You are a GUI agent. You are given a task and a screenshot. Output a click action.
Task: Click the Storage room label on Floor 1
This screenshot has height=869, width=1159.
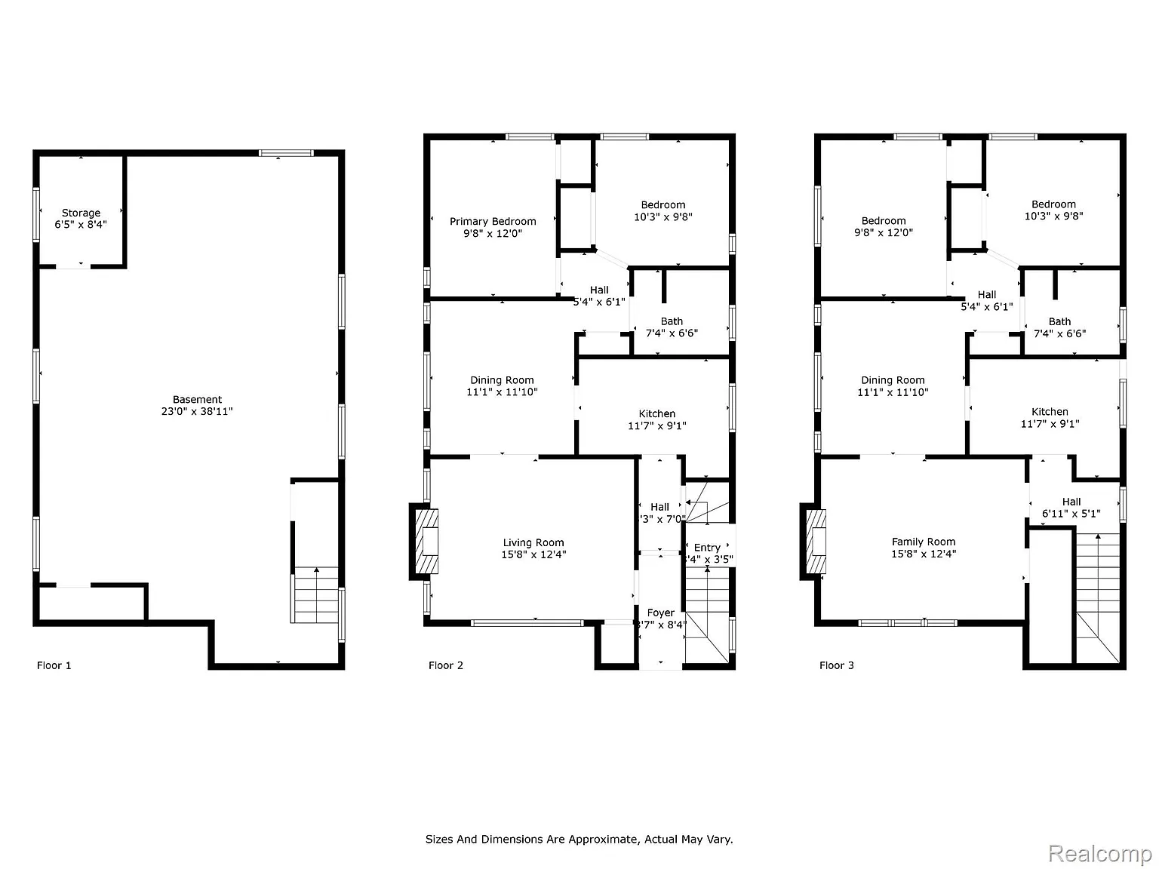(x=81, y=219)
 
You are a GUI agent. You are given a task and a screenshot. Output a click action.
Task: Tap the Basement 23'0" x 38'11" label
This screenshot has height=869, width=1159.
(x=197, y=406)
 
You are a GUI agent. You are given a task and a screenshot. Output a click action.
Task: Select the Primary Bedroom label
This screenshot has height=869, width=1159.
(x=493, y=227)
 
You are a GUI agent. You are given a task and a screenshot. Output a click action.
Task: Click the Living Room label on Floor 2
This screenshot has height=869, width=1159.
(x=533, y=548)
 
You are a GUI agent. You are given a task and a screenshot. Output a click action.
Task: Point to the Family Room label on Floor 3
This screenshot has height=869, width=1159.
(x=924, y=548)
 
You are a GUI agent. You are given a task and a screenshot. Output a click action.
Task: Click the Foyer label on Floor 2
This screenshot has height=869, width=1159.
(x=661, y=619)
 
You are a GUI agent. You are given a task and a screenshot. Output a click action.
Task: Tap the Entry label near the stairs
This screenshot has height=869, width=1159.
(x=707, y=553)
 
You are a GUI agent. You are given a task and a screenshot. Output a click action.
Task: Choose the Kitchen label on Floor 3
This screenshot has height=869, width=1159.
(x=1050, y=418)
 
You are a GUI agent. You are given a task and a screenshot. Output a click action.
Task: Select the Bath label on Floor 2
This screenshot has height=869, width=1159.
(x=672, y=327)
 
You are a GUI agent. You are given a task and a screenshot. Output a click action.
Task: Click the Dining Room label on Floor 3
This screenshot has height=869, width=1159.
(x=893, y=386)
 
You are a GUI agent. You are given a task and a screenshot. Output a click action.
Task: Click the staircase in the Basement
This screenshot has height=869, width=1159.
(x=315, y=595)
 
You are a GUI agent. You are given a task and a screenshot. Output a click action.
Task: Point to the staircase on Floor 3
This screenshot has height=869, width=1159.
(x=1097, y=596)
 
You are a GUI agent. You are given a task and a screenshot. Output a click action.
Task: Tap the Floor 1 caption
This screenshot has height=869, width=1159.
(x=54, y=665)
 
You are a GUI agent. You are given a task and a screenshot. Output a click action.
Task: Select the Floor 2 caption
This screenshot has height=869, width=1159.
(x=446, y=665)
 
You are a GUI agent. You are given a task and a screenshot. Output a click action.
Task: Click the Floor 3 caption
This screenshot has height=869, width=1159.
(x=837, y=665)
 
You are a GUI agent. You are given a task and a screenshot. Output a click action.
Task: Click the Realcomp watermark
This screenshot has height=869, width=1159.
(x=1100, y=853)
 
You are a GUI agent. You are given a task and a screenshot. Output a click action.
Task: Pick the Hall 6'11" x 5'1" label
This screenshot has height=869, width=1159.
(x=1071, y=508)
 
